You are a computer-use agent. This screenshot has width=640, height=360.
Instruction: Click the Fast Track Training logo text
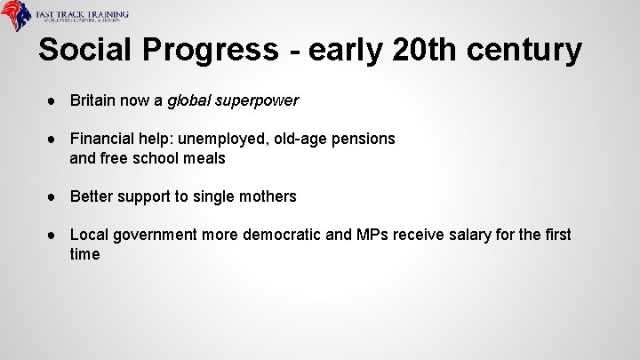click(x=82, y=16)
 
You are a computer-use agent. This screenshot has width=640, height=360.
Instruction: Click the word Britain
click(x=92, y=101)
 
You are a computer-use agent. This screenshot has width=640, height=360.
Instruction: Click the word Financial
click(x=101, y=140)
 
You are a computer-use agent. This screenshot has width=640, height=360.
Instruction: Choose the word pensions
click(x=363, y=140)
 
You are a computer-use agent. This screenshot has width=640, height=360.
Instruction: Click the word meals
click(x=204, y=159)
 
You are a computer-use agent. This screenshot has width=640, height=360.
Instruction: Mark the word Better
click(x=91, y=196)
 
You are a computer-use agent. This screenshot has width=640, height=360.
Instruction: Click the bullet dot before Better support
click(x=55, y=196)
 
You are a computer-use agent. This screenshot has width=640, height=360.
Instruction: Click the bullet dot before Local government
click(x=55, y=235)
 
